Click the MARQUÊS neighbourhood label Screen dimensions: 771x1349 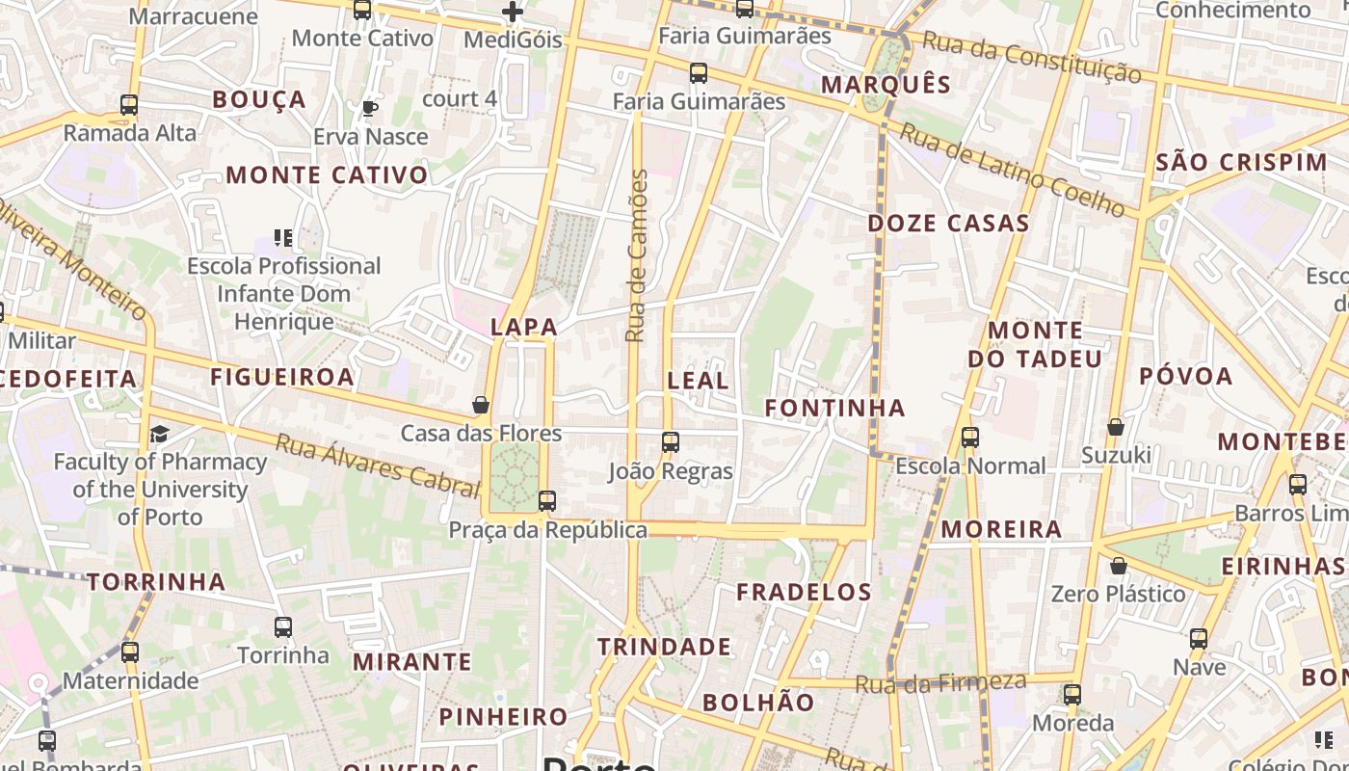(886, 85)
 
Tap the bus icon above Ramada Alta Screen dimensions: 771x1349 (129, 105)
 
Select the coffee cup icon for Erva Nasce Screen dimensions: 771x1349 (369, 108)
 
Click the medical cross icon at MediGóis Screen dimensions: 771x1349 (513, 13)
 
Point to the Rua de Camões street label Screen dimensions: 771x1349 (636, 255)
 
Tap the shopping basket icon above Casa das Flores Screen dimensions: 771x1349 (481, 405)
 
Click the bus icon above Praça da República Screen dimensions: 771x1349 (547, 501)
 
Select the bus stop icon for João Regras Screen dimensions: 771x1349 (671, 442)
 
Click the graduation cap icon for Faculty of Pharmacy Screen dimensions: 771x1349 (159, 435)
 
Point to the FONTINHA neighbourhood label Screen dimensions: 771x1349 (834, 408)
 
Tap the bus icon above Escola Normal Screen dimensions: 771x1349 (969, 438)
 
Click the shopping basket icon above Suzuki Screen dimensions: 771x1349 (1116, 426)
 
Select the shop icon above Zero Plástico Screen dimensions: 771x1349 (1118, 566)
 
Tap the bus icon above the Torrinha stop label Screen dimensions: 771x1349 (283, 627)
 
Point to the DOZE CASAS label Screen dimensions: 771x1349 (948, 224)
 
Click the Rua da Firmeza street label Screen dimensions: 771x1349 (941, 683)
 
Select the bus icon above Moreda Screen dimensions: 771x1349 (1072, 695)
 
